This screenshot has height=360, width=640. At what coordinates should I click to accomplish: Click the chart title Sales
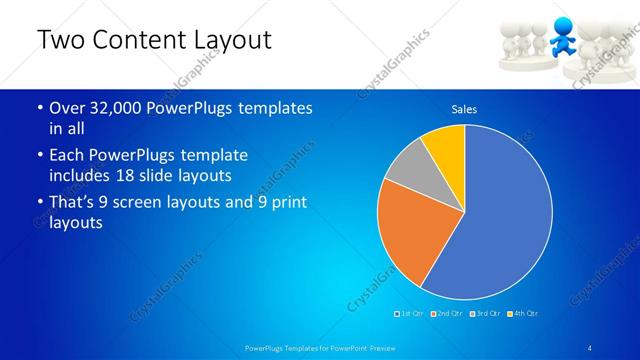[x=464, y=108]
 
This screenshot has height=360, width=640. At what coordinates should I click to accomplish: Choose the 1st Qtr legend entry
[x=410, y=314]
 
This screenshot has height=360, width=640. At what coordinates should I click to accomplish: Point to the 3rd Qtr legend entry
[x=485, y=314]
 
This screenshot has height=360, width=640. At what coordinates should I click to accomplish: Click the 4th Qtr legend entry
[x=523, y=314]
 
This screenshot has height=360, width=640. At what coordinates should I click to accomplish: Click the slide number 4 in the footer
[x=590, y=347]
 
